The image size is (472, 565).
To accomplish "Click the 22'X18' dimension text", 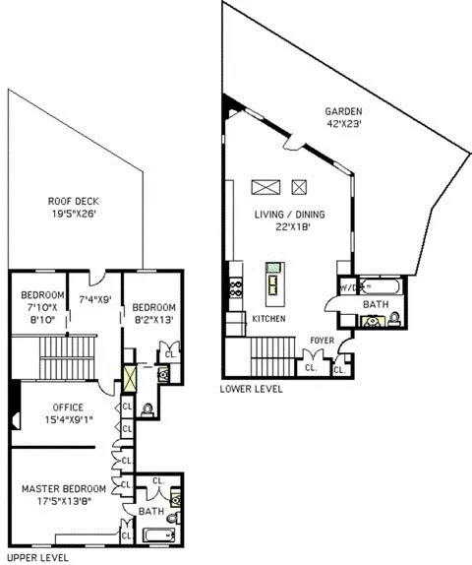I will (x=290, y=228).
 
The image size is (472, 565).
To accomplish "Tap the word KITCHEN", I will (x=268, y=320).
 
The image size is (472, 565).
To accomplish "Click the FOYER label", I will (x=322, y=342).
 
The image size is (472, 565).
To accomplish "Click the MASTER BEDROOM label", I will (x=63, y=488).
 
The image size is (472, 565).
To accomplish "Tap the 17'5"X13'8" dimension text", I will (x=63, y=502).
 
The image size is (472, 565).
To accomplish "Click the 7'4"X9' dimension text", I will (x=95, y=299).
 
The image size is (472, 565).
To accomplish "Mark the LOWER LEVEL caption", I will (x=253, y=389).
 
